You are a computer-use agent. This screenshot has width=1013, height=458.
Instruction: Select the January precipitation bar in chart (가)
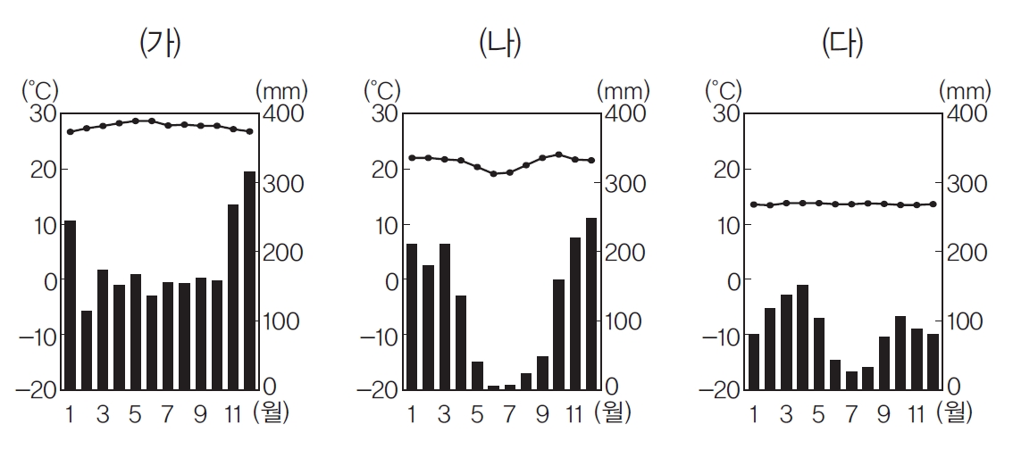tap(70, 304)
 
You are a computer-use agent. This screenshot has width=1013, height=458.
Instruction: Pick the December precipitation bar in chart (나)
tap(591, 304)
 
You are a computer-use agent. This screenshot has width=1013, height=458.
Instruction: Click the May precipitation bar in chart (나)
tap(477, 375)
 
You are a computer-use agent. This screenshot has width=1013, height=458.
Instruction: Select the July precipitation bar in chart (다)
tap(851, 380)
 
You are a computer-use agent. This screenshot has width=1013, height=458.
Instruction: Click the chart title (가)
tap(161, 44)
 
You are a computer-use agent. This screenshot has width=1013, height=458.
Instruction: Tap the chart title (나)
tap(501, 44)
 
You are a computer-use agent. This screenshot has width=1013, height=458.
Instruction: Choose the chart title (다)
tap(844, 44)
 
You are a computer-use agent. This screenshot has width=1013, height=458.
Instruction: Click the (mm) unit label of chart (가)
tap(281, 90)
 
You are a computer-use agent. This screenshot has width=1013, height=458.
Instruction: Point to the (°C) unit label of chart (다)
tap(723, 90)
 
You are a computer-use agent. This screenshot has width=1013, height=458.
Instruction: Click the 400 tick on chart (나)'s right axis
tap(624, 114)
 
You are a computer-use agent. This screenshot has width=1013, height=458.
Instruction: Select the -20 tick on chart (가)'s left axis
tap(37, 389)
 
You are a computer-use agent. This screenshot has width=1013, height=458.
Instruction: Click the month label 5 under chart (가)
tap(135, 413)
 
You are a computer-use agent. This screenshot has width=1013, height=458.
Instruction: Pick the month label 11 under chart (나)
tap(574, 413)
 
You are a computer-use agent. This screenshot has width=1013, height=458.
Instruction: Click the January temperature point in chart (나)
tap(412, 158)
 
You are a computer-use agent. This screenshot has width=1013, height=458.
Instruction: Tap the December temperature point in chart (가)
tap(249, 131)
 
